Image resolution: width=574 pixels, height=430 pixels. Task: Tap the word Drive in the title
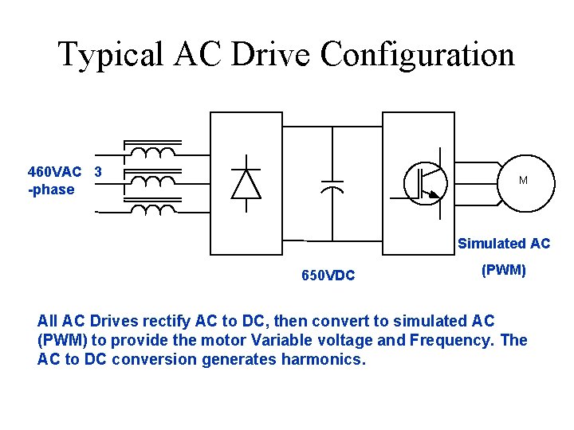coord(274,55)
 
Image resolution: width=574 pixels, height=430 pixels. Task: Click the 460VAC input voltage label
coord(54,172)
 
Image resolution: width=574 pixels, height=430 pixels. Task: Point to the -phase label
coord(51,190)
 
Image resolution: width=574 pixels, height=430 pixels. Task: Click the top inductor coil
coord(152,151)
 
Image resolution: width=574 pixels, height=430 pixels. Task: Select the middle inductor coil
coord(152,181)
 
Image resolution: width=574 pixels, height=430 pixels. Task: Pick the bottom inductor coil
coord(152,209)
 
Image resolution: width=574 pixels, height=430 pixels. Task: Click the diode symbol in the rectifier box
coord(245,184)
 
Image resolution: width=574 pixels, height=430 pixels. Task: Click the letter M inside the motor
coord(523,181)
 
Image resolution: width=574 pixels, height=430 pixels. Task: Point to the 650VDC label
coord(328,276)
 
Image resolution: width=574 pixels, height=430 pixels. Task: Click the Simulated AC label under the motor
coord(503,244)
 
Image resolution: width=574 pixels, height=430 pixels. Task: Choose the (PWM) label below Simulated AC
coord(503,270)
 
